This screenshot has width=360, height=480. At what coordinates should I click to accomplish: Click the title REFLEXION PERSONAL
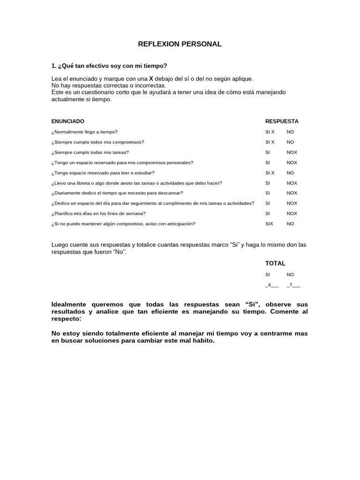coord(180,44)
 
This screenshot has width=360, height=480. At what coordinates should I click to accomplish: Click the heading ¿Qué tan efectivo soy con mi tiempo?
coord(109,66)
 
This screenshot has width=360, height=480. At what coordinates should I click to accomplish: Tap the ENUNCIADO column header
coord(68,121)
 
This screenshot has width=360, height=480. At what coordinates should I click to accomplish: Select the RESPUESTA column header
coord(282,121)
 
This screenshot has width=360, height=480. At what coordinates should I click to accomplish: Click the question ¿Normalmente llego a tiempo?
coord(84,132)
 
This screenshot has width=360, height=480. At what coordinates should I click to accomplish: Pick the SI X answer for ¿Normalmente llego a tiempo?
coord(270,132)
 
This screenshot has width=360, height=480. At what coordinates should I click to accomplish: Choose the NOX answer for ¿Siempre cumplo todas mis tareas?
coord(292,152)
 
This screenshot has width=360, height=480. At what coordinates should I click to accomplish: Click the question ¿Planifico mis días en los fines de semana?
coord(98,213)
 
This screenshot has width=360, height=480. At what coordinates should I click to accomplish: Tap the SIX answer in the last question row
coord(269,224)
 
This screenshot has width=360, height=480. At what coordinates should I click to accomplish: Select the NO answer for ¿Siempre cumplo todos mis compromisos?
coord(291,142)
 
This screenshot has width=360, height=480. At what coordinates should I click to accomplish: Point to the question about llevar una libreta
coord(136,183)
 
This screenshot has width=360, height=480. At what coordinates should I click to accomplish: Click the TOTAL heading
coord(275,263)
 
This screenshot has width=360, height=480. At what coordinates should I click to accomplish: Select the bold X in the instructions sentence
coord(151,79)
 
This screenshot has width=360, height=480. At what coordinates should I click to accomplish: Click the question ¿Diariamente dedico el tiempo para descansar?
coord(117,193)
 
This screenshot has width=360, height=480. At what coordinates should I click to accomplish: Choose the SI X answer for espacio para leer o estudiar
coord(270,173)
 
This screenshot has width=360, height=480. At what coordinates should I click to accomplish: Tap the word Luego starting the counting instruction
coord(60,245)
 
